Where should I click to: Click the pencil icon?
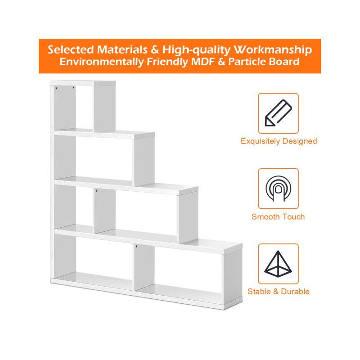278,113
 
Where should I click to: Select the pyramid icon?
278,264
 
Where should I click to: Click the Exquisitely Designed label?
279,141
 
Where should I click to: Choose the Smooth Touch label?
278,217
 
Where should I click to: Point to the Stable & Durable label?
279,292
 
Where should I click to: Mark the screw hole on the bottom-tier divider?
136,247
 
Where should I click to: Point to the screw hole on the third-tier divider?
96,191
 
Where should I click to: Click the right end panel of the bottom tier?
232,277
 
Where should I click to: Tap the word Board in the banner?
284,62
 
